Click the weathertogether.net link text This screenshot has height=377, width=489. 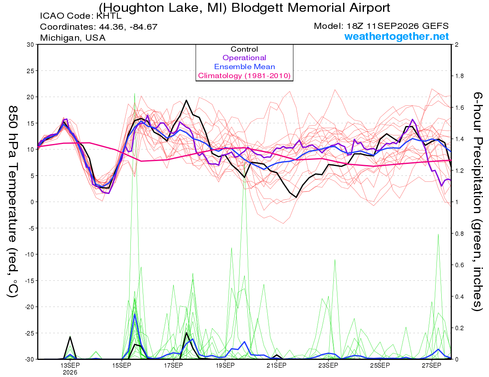[x=396, y=36]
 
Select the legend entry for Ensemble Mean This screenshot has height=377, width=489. [x=244, y=67]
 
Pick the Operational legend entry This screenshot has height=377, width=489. [x=244, y=58]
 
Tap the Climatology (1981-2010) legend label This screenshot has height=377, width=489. [x=244, y=76]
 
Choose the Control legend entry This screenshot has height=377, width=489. [x=244, y=49]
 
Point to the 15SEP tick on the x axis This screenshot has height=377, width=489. [x=121, y=365]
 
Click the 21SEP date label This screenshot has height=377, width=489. [x=277, y=365]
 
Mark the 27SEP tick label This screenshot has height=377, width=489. [x=432, y=365]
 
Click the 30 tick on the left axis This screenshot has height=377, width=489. [x=31, y=45]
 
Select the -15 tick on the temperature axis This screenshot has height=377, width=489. [x=29, y=281]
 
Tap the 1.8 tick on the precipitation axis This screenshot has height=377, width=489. [x=458, y=76]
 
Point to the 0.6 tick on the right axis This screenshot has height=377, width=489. [x=458, y=265]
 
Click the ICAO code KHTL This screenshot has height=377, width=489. [x=109, y=16]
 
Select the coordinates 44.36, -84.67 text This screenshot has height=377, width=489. [x=128, y=27]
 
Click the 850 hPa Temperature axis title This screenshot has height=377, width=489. [x=13, y=202]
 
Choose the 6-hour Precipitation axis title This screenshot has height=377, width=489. [x=478, y=201]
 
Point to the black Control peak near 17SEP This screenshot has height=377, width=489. [x=186, y=100]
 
